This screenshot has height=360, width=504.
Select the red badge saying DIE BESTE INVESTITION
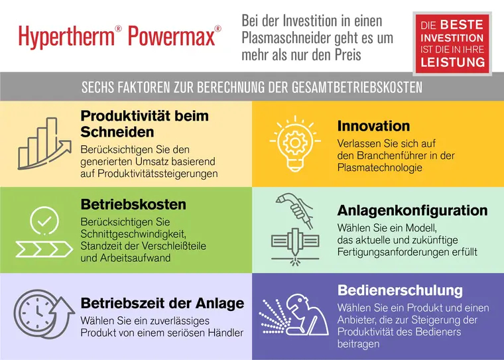pos(452,42)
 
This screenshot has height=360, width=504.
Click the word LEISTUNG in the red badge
pos(452,63)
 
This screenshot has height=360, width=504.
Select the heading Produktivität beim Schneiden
pos(145,123)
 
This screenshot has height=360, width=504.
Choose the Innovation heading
pos(374,126)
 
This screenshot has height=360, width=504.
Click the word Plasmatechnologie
pos(380,168)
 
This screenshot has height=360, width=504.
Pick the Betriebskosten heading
pos(133,204)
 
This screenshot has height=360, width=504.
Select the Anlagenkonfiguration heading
pos(412,211)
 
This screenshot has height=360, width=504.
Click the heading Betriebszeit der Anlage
pos(162,303)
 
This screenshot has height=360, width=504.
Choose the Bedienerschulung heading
pos(400,290)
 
